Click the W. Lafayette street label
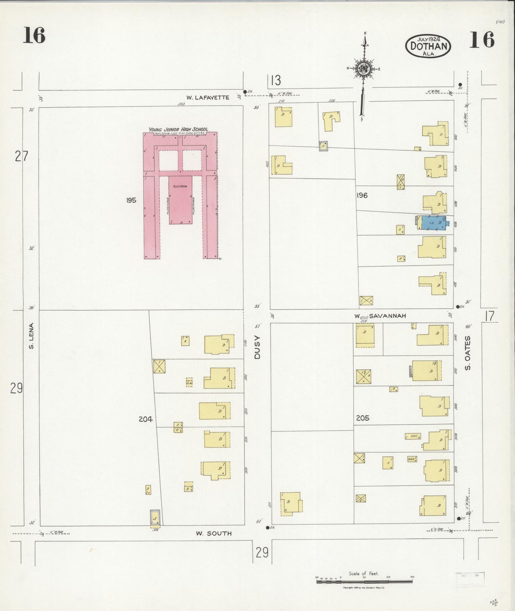point(208,97)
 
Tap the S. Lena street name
point(31,335)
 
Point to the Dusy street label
point(257,347)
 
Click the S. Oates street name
point(468,353)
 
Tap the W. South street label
point(213,534)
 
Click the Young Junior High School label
point(178,129)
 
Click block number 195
point(131,200)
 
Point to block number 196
point(361,195)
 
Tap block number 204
point(145,420)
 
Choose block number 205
point(362,418)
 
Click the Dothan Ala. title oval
point(428,46)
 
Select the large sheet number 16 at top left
point(34,36)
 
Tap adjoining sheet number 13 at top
point(275,81)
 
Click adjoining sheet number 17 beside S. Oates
point(490,316)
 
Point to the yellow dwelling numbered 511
point(291,503)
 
